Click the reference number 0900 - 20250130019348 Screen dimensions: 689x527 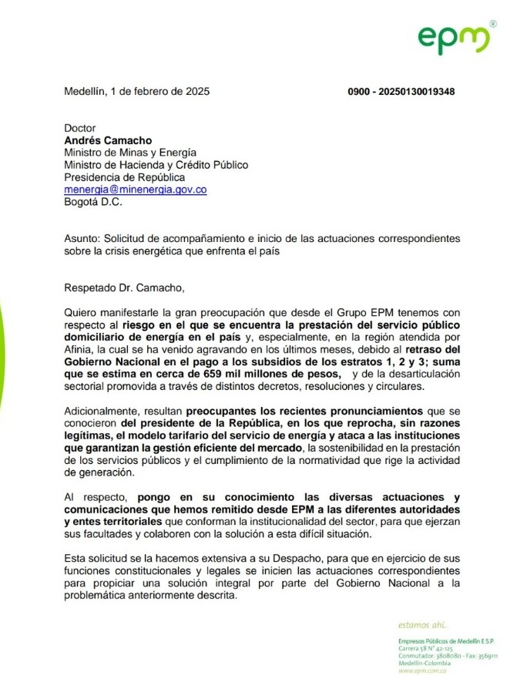point(401,92)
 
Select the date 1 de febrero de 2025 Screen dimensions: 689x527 point(159,91)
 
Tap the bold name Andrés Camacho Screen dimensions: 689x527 point(107,140)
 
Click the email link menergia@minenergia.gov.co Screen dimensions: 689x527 point(135,190)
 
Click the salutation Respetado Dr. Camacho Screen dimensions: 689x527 point(125,288)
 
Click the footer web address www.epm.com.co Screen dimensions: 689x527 point(421,671)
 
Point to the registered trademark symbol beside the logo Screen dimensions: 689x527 point(492,24)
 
